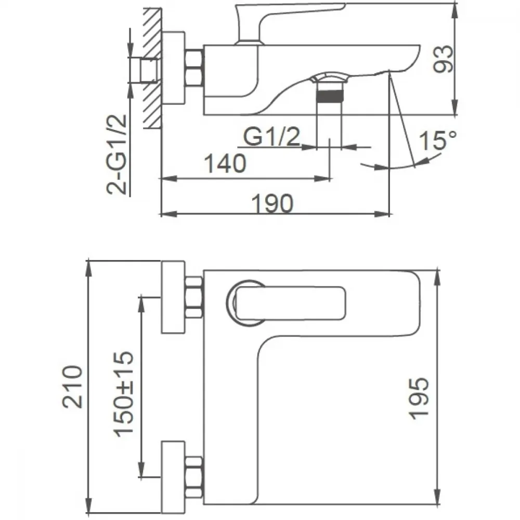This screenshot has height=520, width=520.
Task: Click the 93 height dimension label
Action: pyautogui.click(x=443, y=59)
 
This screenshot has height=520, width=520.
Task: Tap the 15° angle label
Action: pyautogui.click(x=438, y=140)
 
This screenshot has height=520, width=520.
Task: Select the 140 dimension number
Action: pyautogui.click(x=225, y=163)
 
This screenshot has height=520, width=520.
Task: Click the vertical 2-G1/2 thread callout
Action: pyautogui.click(x=116, y=154)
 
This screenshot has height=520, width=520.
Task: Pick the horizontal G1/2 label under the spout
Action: pyautogui.click(x=271, y=136)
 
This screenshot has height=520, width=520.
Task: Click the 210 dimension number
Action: pyautogui.click(x=72, y=386)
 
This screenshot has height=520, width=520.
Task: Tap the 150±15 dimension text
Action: pyautogui.click(x=124, y=394)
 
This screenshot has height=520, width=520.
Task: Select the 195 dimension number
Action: pyautogui.click(x=419, y=398)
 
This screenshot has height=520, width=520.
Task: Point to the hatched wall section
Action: pyautogui.click(x=152, y=68)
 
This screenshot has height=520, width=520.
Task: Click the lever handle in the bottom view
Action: pyautogui.click(x=290, y=303)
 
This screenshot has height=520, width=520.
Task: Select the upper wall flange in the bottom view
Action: pyautogui.click(x=173, y=297)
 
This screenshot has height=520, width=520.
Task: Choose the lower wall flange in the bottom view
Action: pyautogui.click(x=173, y=477)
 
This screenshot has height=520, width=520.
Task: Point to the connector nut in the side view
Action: pyautogui.click(x=193, y=68)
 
